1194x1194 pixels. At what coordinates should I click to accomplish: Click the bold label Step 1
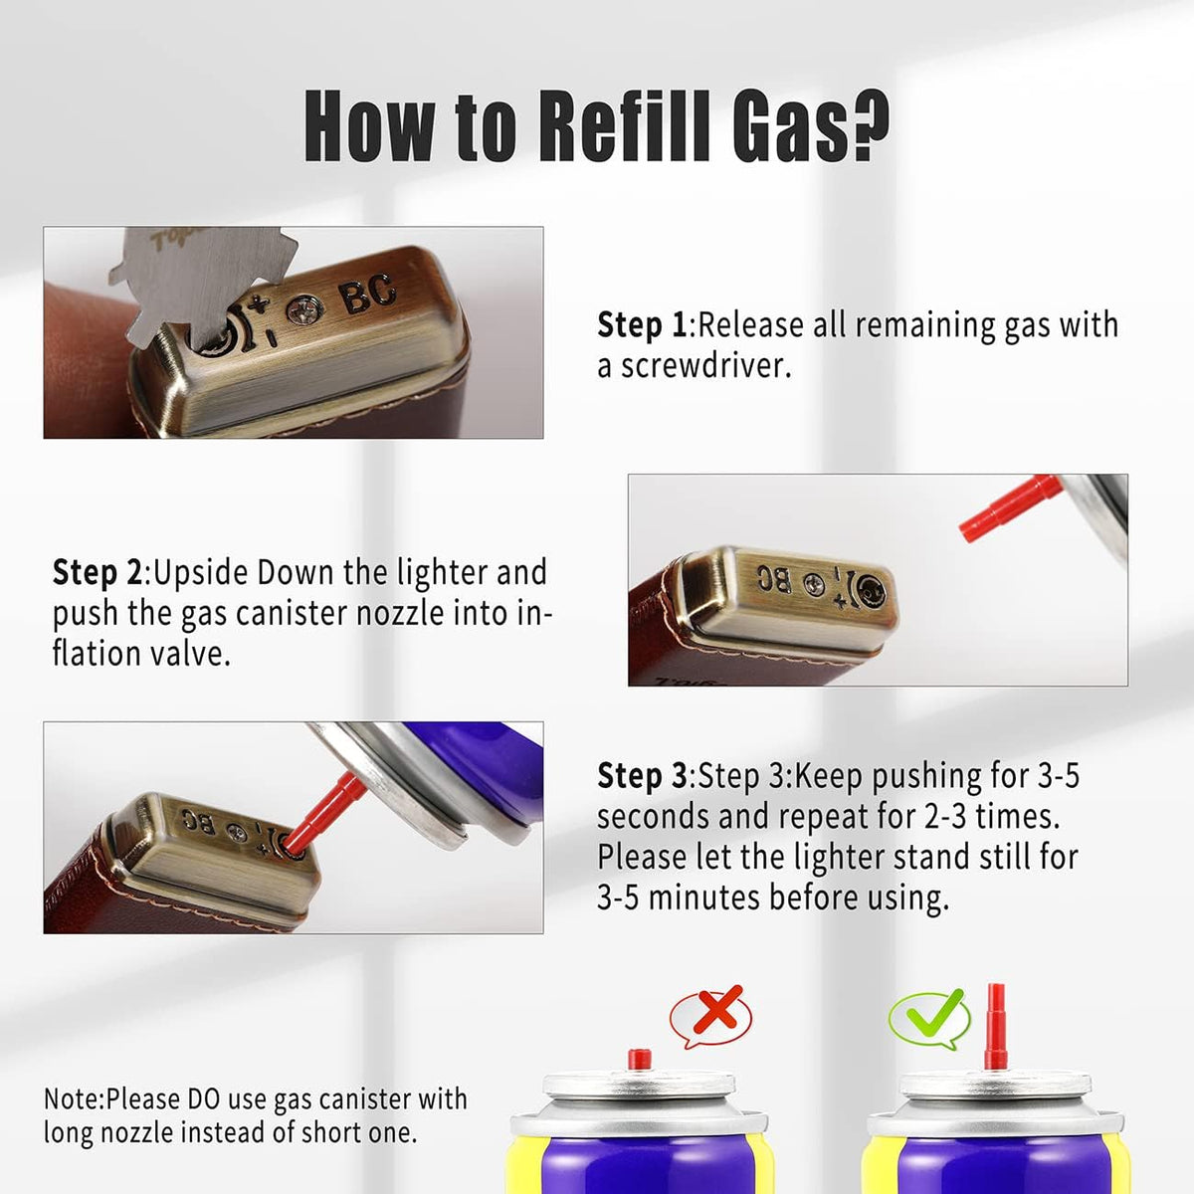pos(642,324)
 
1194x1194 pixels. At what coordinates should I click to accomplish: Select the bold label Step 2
pos(98,572)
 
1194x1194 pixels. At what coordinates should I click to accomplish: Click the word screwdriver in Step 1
pos(705,365)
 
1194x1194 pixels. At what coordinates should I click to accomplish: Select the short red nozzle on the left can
pos(640,1059)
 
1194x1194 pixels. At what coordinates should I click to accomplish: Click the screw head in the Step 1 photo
pos(304,310)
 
